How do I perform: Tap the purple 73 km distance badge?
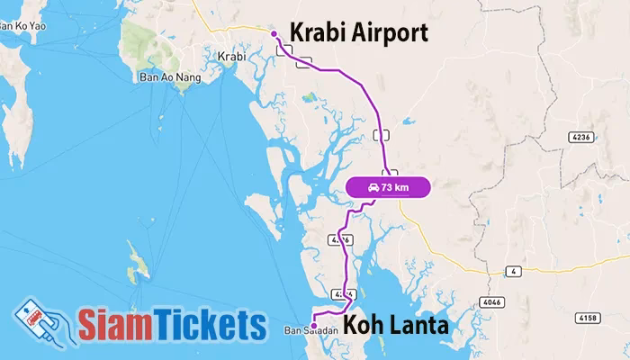(x=389, y=187)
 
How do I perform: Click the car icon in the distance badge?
(x=373, y=187)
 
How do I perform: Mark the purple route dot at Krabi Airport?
(x=274, y=34)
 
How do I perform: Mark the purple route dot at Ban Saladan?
(x=313, y=325)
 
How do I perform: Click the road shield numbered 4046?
(x=490, y=301)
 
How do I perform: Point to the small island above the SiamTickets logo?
(x=137, y=261)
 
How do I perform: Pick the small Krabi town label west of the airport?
(x=231, y=56)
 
